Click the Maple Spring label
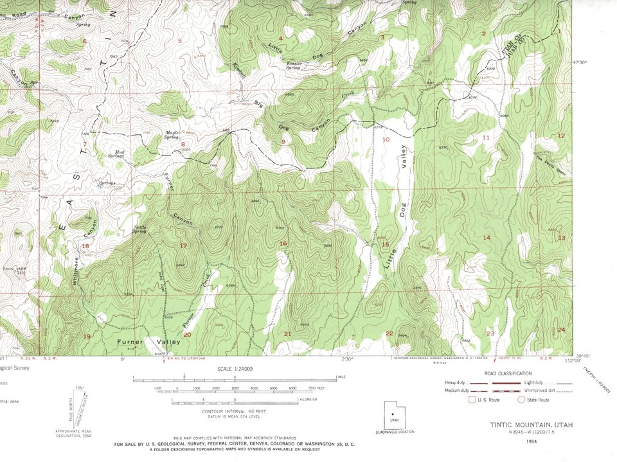pyautogui.click(x=171, y=135)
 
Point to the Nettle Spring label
pyautogui.click(x=140, y=229)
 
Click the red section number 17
pyautogui.click(x=183, y=245)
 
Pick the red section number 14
pyautogui.click(x=487, y=238)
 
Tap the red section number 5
pyautogui.click(x=180, y=42)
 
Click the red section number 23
pyautogui.click(x=490, y=333)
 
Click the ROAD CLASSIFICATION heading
pyautogui.click(x=509, y=373)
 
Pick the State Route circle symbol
pyautogui.click(x=521, y=400)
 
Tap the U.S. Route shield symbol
pyautogui.click(x=474, y=400)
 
